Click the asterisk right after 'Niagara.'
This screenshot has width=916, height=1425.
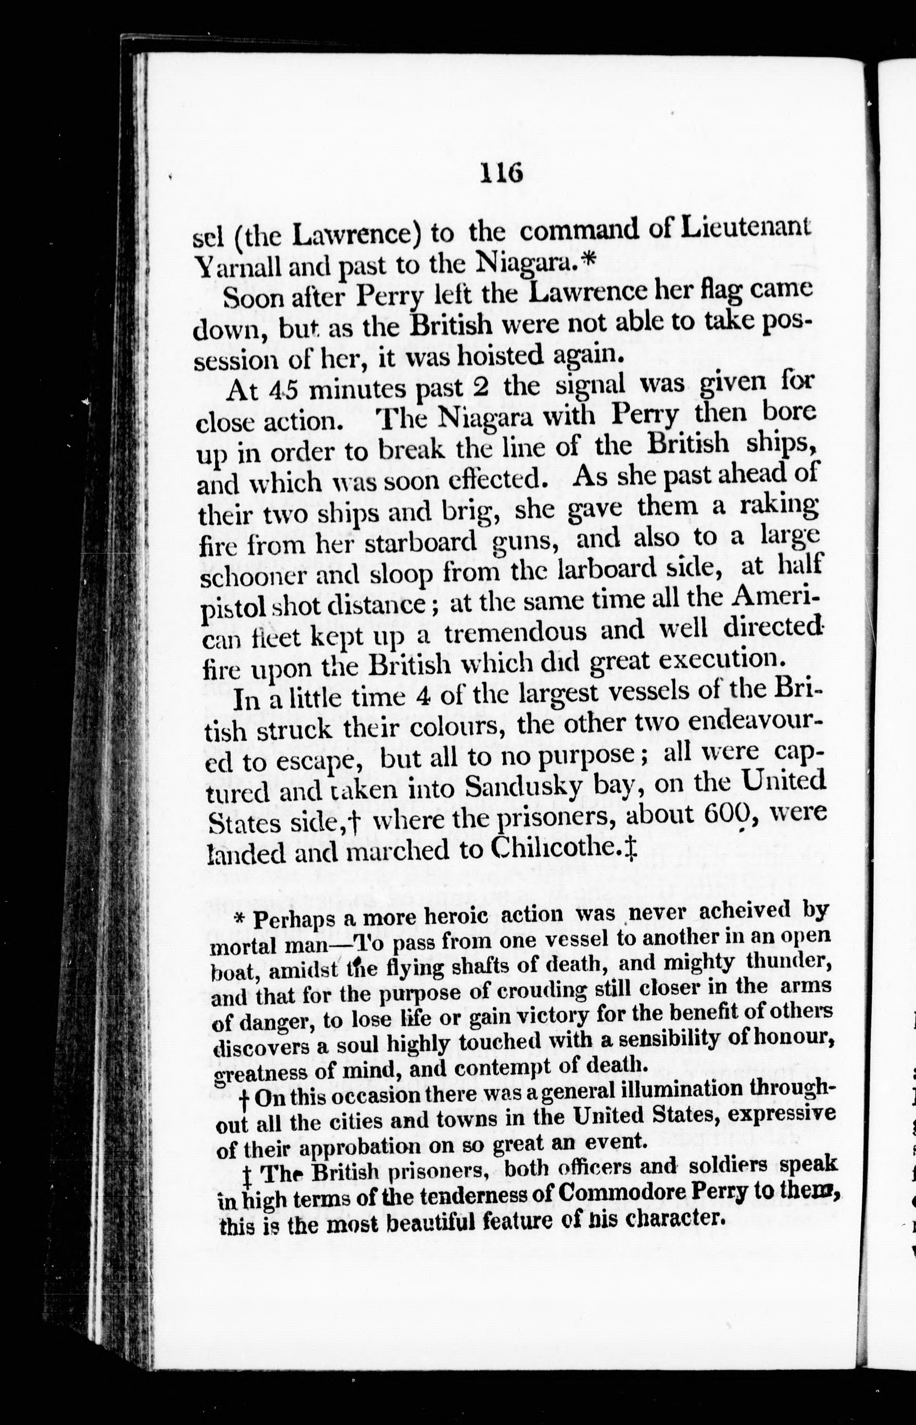(588, 260)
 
